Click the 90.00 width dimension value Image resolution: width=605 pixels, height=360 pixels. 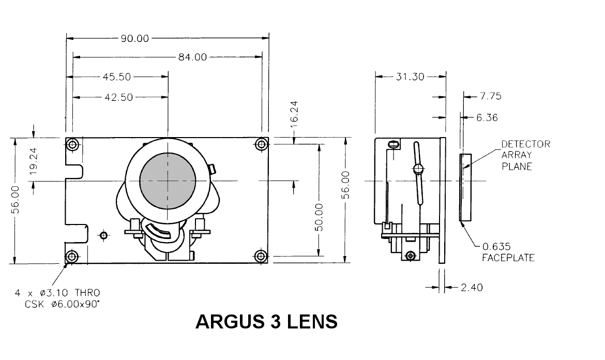(134, 38)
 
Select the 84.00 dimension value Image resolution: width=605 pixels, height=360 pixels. (192, 57)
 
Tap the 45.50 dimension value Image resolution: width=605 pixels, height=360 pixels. (117, 77)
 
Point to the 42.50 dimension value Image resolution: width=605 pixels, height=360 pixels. (119, 97)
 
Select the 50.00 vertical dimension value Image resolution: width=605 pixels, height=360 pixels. (319, 217)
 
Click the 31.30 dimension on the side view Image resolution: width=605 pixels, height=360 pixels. (410, 77)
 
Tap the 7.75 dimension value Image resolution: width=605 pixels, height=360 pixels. (491, 96)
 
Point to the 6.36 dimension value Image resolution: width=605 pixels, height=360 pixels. (487, 117)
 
